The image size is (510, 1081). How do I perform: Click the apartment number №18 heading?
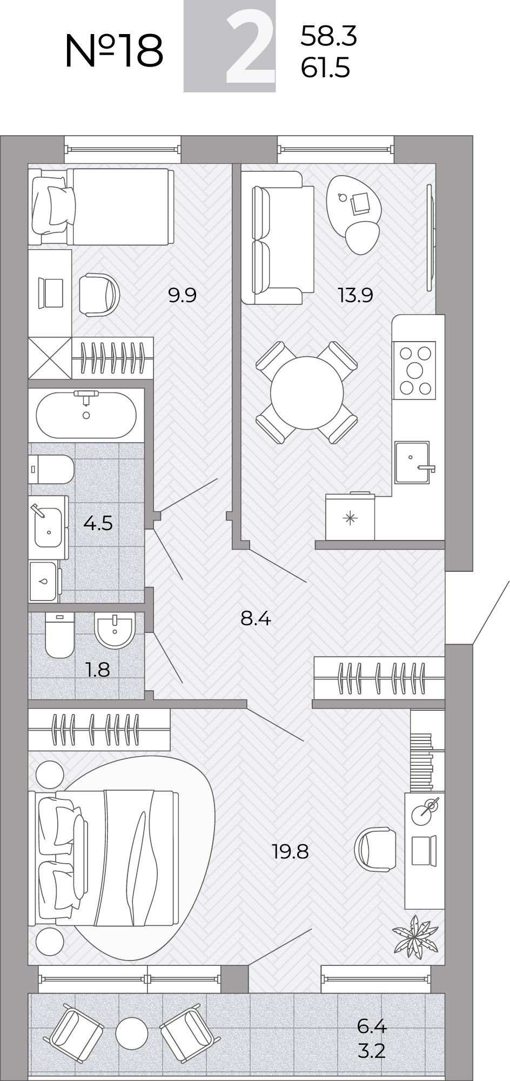click(114, 51)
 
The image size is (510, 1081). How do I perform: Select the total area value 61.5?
click(326, 69)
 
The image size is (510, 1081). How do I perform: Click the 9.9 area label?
click(182, 296)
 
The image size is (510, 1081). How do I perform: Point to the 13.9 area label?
click(355, 296)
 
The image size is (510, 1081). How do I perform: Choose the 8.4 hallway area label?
click(256, 618)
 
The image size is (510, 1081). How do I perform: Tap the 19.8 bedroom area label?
click(290, 852)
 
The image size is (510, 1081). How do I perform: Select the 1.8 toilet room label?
click(97, 670)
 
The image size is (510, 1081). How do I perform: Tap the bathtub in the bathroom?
click(86, 415)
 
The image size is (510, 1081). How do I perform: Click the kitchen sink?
click(413, 463)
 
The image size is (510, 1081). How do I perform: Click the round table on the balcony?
click(131, 1033)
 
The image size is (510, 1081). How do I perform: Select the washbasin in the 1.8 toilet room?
click(114, 630)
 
